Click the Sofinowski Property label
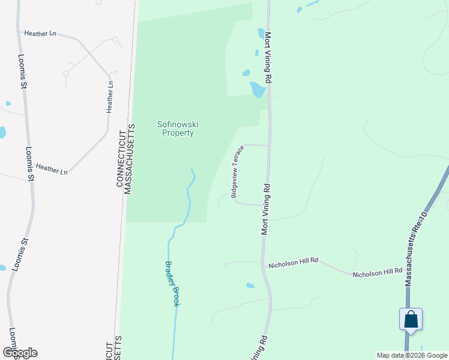click(178, 128)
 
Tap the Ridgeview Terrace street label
click(237, 171)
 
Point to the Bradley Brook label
click(172, 283)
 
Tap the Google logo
click(20, 353)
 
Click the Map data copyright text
click(411, 355)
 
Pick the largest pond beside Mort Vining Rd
click(258, 89)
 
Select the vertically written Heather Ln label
click(110, 97)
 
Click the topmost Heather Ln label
click(40, 34)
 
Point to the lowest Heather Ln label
click(51, 169)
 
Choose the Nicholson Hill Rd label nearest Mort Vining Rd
click(293, 264)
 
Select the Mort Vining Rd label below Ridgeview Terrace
click(264, 209)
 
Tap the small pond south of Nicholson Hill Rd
click(250, 286)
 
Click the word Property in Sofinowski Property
click(178, 133)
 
